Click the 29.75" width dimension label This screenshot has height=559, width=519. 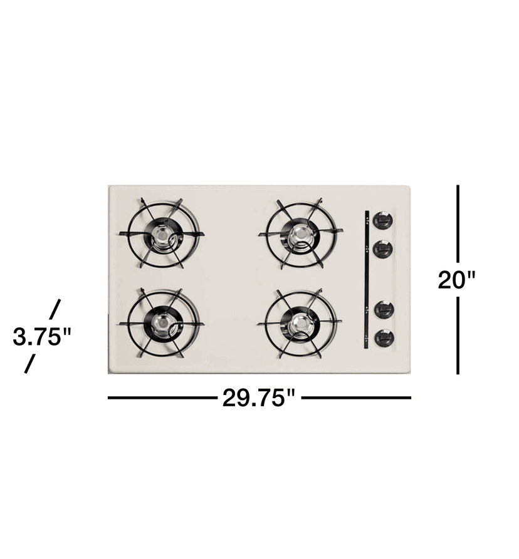click(x=258, y=398)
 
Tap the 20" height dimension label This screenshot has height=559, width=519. click(x=457, y=279)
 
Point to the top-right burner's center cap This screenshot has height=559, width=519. click(x=300, y=233)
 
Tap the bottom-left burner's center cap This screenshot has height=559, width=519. click(x=162, y=324)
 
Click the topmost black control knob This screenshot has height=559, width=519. click(x=383, y=221)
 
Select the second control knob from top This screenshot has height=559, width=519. click(x=383, y=249)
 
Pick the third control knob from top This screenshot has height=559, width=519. click(x=383, y=309)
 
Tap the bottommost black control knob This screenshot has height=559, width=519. click(x=383, y=338)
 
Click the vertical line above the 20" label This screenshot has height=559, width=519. click(x=458, y=222)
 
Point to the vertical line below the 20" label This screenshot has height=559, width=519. click(x=458, y=335)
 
